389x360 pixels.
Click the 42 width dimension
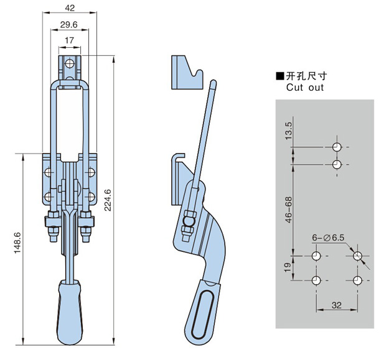click(x=69, y=8)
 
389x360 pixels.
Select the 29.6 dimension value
click(x=69, y=25)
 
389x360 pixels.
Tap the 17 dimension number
click(x=69, y=40)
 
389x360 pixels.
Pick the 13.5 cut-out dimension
click(x=288, y=131)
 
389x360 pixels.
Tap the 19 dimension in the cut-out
click(x=288, y=267)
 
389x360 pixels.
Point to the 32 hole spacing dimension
click(x=337, y=305)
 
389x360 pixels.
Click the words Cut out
click(x=305, y=88)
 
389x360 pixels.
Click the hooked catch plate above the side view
click(x=186, y=73)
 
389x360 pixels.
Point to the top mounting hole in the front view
click(x=69, y=64)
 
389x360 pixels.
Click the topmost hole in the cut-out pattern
click(x=337, y=147)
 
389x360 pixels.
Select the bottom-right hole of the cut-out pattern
click(x=357, y=280)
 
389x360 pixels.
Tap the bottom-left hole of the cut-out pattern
click(x=316, y=280)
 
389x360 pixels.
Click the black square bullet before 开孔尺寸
click(x=279, y=76)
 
